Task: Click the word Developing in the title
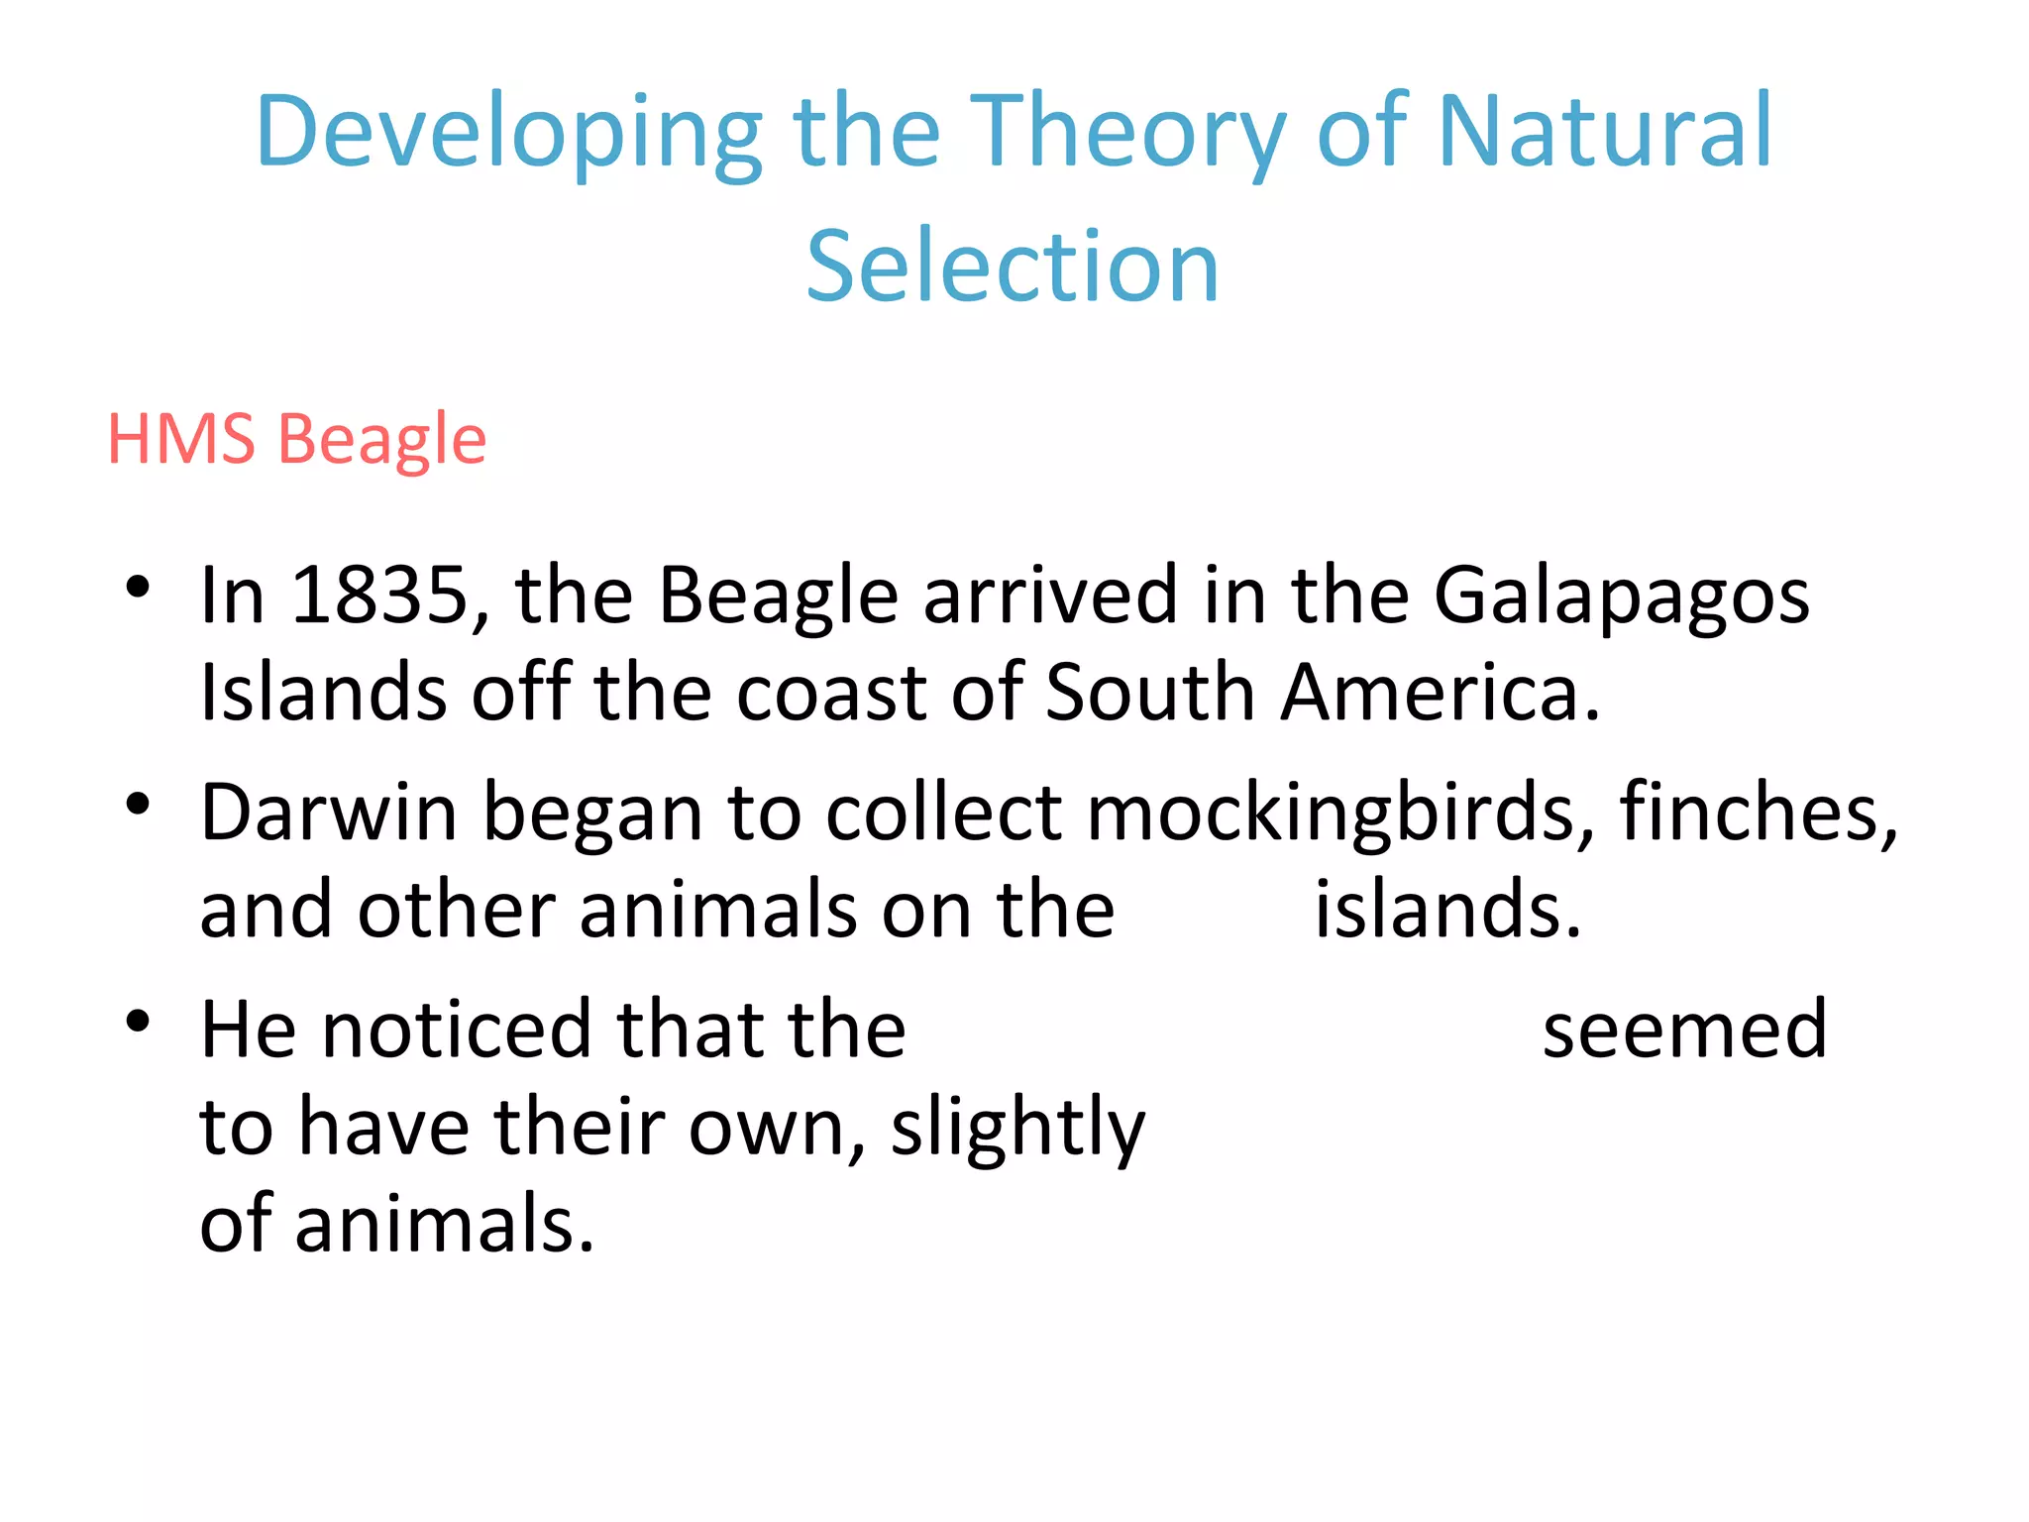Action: tap(508, 132)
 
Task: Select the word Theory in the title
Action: tap(1125, 132)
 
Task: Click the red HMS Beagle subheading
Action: tap(296, 438)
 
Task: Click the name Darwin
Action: tap(329, 813)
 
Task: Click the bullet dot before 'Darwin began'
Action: tap(138, 804)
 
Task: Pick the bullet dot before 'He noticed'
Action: tap(138, 1021)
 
